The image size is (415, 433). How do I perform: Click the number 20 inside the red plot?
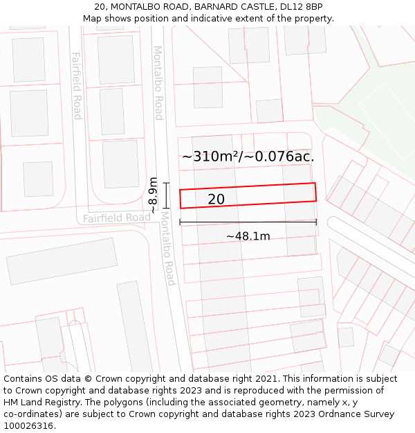[x=216, y=200]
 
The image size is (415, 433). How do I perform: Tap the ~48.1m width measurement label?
[x=248, y=236]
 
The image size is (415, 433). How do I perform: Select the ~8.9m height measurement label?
[x=153, y=195]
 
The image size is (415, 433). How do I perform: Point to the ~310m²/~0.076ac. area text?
[x=248, y=157]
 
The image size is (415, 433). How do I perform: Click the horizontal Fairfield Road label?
[x=117, y=218]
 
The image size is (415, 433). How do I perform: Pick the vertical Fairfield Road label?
[x=77, y=86]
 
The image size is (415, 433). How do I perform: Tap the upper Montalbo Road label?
[x=158, y=83]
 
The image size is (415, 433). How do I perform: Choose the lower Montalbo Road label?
[x=168, y=249]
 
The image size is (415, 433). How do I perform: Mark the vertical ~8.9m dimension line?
[x=166, y=195]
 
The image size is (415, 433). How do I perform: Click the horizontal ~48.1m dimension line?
[x=248, y=222]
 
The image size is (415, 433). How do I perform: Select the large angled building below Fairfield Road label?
[x=62, y=260]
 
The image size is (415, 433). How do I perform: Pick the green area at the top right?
[x=373, y=111]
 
